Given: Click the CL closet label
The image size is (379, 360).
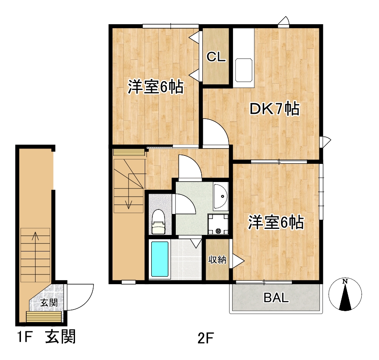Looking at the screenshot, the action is pyautogui.click(x=216, y=57).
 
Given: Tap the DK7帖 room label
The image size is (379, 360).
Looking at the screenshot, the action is pyautogui.click(x=274, y=109).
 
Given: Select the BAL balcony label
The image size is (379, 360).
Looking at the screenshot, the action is pyautogui.click(x=276, y=297).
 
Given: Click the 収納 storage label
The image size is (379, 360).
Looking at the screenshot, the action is pyautogui.click(x=217, y=260).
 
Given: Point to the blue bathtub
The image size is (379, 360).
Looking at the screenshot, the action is pyautogui.click(x=160, y=259).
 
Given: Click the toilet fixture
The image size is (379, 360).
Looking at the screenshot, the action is pyautogui.click(x=158, y=222).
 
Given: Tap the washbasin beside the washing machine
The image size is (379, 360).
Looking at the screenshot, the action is pyautogui.click(x=220, y=196).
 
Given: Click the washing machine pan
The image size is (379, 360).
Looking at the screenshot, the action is pyautogui.click(x=218, y=224).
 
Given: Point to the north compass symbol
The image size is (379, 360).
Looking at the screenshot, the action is pyautogui.click(x=345, y=295).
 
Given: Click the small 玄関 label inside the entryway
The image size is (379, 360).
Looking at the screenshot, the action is pyautogui.click(x=49, y=303).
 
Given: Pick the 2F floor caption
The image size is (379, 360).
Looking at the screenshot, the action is pyautogui.click(x=205, y=338).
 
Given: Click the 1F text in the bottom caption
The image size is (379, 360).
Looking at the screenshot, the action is pyautogui.click(x=25, y=337).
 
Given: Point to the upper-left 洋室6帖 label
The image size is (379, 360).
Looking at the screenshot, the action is pyautogui.click(x=156, y=87).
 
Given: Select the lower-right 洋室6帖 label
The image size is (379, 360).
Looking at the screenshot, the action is pyautogui.click(x=276, y=222).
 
